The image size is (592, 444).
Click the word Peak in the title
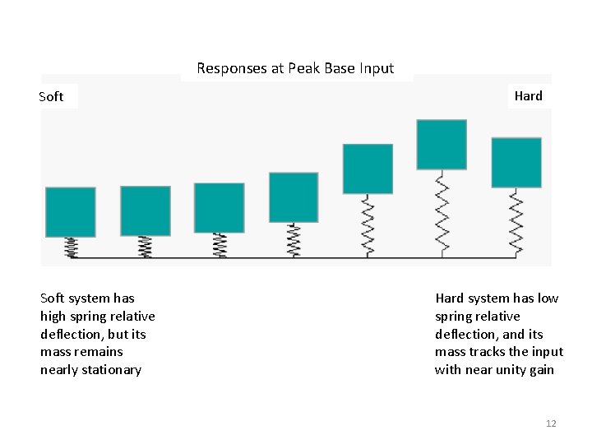[x=304, y=69]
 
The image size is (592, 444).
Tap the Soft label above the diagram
[x=51, y=97]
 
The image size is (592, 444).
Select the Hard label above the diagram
[x=528, y=96]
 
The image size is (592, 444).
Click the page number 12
[x=551, y=423]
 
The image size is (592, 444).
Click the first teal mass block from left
[x=71, y=212]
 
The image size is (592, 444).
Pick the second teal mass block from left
[x=146, y=210]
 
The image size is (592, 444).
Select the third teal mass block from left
[x=220, y=207]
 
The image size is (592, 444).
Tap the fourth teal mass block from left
[x=294, y=197]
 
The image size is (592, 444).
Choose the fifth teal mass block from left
[x=368, y=169]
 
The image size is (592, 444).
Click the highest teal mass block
[x=442, y=145]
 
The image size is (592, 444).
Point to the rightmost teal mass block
[x=516, y=163]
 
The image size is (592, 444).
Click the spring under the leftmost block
[x=71, y=247]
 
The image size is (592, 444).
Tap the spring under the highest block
[x=442, y=213]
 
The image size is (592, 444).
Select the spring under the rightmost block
[x=516, y=222]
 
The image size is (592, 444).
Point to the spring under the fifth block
[x=368, y=225]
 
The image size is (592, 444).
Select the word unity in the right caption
[x=513, y=370]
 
